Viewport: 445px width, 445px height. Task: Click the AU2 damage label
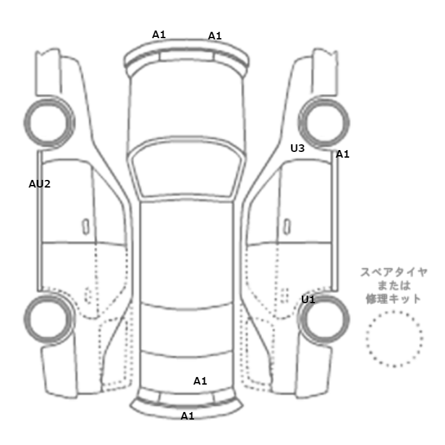tap(39, 184)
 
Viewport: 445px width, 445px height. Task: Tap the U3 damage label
tap(298, 148)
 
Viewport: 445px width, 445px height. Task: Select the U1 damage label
tap(308, 299)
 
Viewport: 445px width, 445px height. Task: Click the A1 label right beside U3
tap(343, 154)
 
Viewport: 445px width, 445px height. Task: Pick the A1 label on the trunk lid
tap(200, 381)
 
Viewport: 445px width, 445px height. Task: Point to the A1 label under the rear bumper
tap(188, 416)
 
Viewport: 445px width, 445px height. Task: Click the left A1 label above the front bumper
tap(159, 34)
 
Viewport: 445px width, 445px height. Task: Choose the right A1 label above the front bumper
tap(215, 36)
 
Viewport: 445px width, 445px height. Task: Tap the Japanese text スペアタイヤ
tap(394, 273)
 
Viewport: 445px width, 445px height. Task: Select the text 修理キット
tap(394, 299)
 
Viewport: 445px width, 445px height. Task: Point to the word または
tap(394, 285)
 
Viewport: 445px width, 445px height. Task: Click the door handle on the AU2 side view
tap(85, 227)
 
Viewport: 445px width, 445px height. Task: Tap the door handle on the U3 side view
tap(287, 227)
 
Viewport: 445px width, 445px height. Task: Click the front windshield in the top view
tap(186, 170)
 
